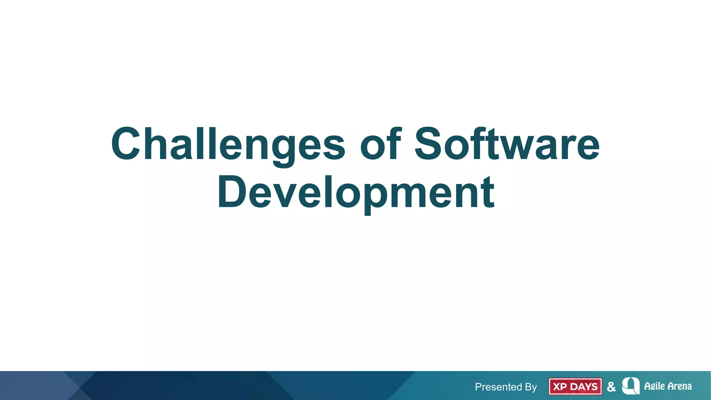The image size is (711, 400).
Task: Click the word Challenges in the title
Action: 228,144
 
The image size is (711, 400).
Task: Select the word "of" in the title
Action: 380,144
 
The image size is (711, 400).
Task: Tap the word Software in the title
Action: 507,144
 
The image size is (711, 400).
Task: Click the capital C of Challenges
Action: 126,144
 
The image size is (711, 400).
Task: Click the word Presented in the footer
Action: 498,387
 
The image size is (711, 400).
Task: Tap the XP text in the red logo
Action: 560,386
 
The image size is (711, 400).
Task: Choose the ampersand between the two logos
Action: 611,386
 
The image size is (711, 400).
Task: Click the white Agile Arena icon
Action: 631,386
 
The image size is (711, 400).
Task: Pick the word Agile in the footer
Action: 654,386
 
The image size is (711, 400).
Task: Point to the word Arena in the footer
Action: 679,386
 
